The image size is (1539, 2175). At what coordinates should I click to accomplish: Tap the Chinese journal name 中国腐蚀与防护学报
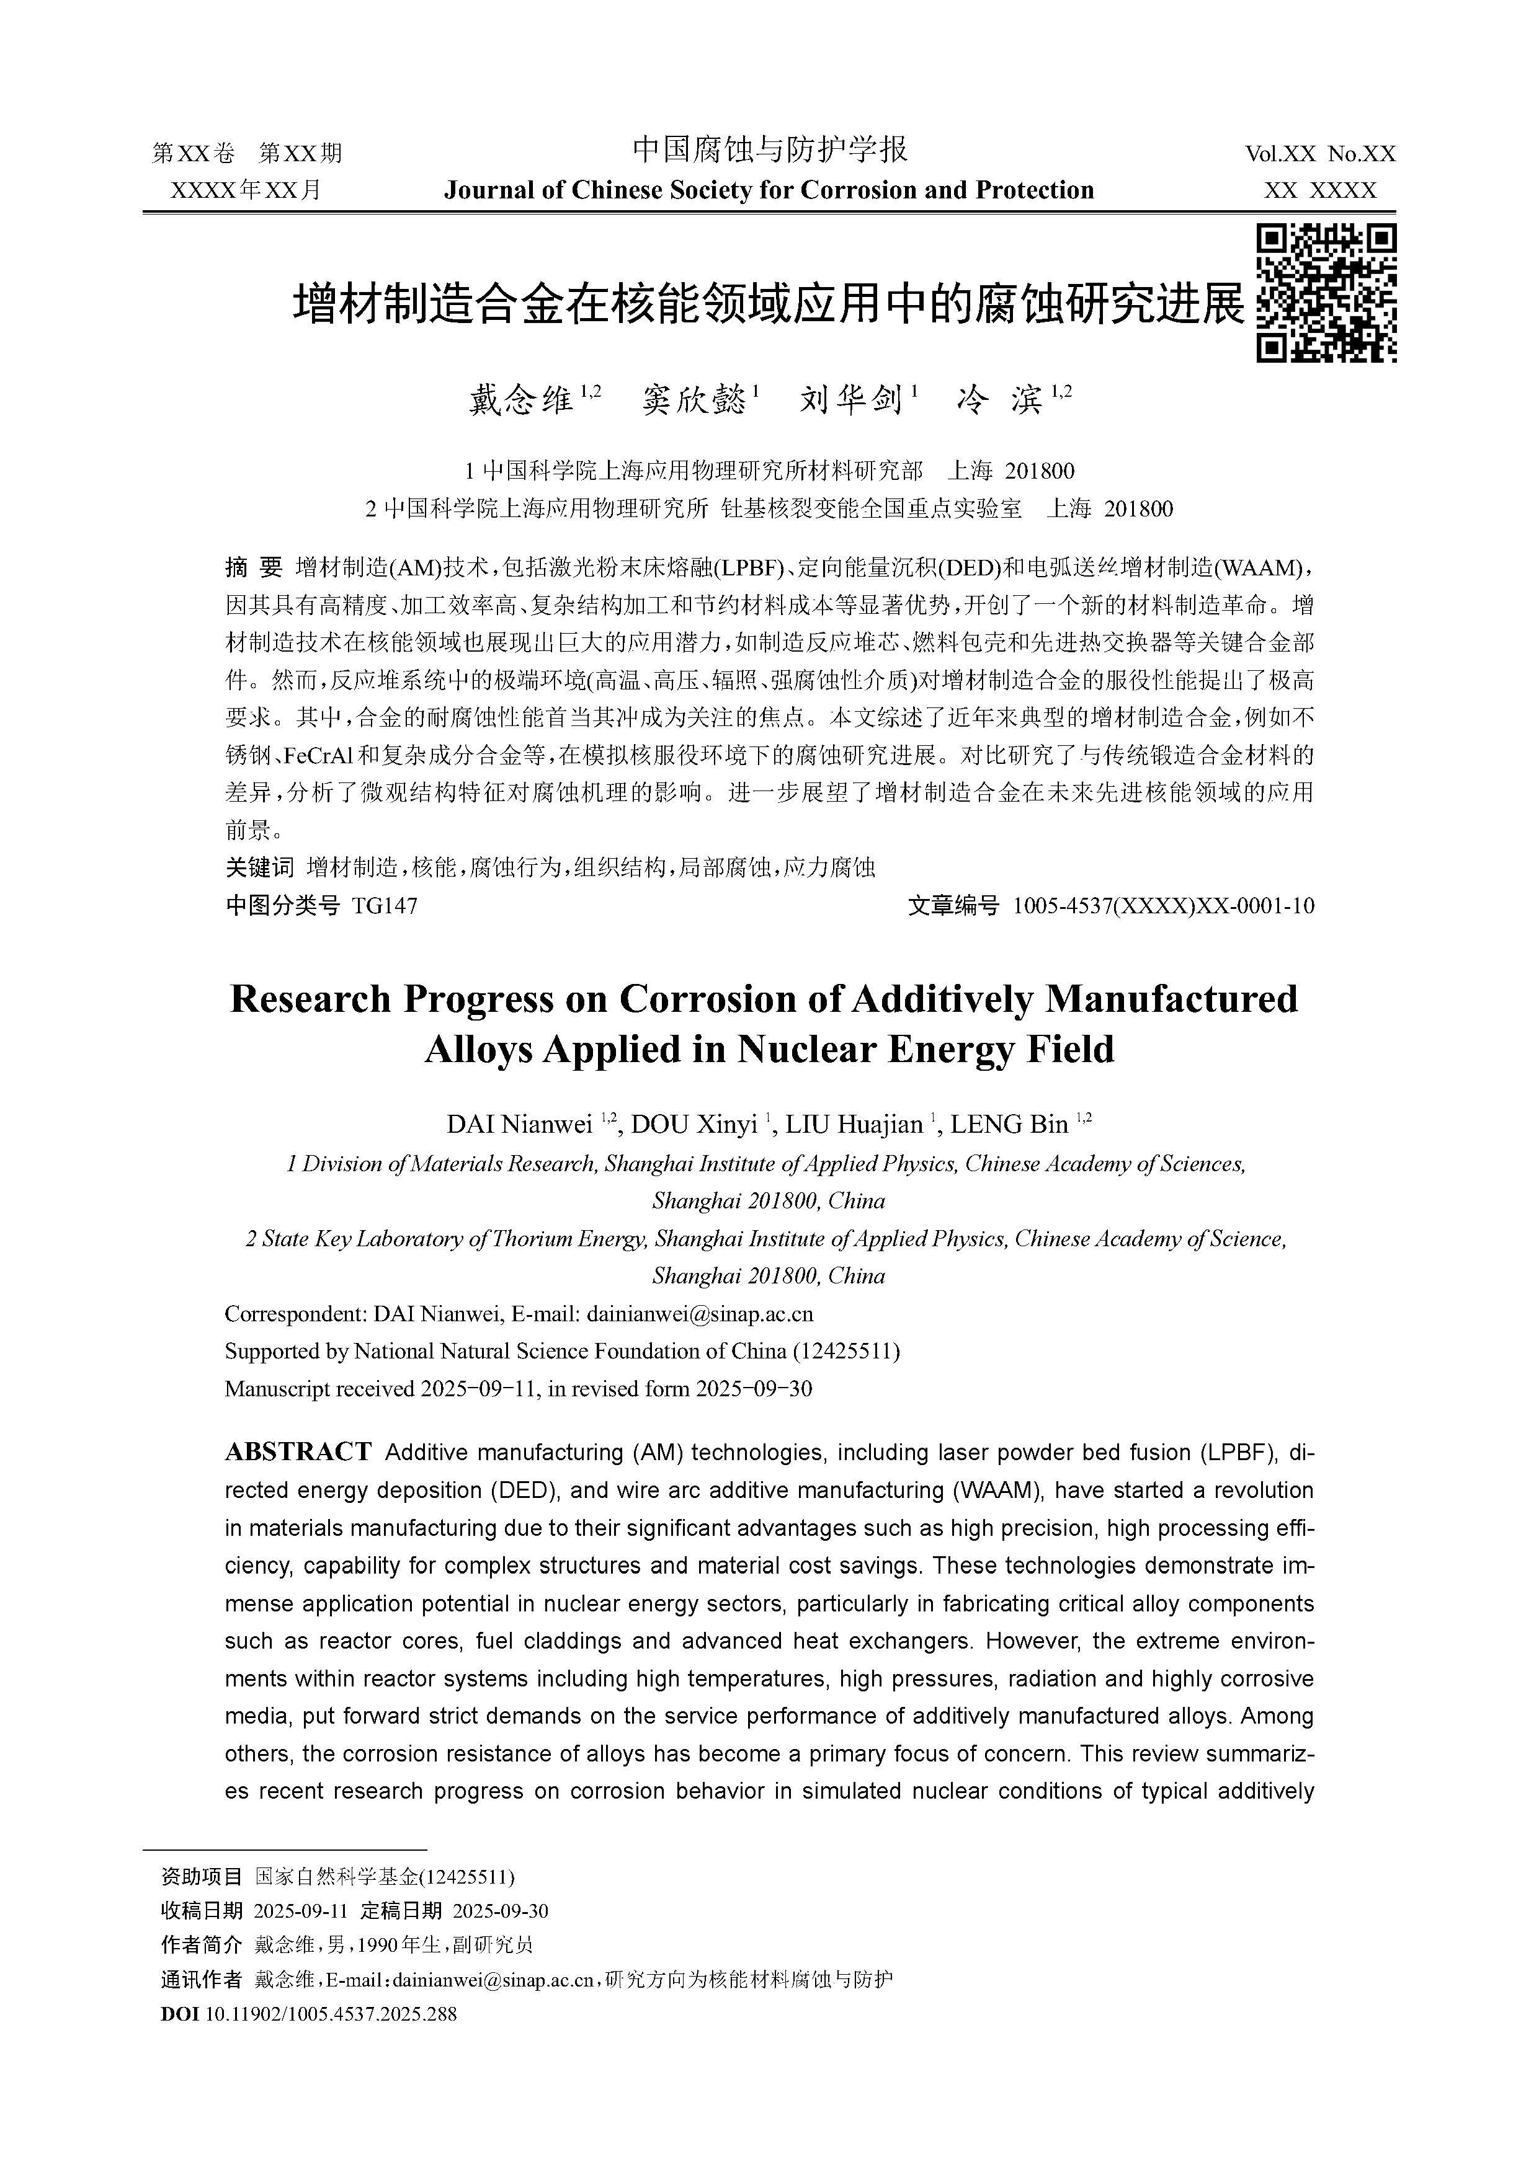tap(769, 149)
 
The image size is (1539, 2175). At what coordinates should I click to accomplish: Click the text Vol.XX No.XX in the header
tap(1320, 154)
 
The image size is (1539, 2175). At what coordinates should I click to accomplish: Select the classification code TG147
tap(384, 906)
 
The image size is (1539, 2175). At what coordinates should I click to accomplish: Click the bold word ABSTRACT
tap(298, 1452)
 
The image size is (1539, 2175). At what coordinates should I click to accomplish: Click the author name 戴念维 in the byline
tap(521, 400)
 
